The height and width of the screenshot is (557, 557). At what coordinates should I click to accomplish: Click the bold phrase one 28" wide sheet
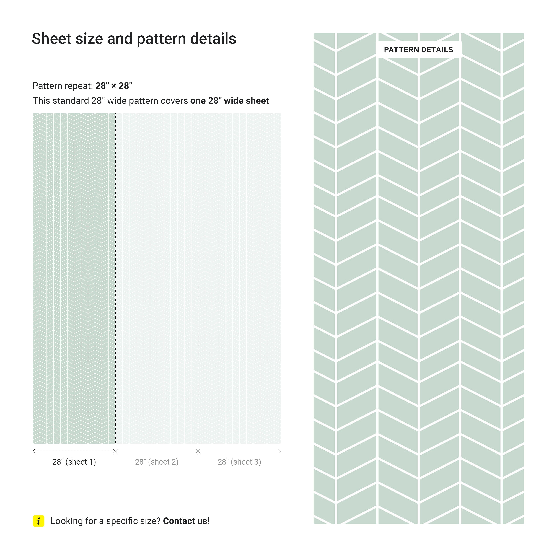(229, 101)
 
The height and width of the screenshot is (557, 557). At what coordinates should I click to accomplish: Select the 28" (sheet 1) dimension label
(74, 462)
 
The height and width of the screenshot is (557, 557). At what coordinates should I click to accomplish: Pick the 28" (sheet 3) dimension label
(239, 462)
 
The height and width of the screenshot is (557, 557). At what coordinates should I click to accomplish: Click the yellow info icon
(39, 521)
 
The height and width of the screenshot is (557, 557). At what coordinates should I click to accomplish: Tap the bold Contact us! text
(186, 521)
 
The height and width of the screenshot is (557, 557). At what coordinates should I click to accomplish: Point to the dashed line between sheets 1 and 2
(116, 277)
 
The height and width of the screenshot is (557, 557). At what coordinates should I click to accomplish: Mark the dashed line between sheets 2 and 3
(198, 277)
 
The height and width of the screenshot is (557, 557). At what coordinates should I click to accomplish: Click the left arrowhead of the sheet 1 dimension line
(34, 451)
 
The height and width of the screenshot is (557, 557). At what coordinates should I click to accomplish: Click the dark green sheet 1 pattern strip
(74, 277)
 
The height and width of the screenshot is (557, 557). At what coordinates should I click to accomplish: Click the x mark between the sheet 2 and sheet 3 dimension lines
(198, 451)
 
